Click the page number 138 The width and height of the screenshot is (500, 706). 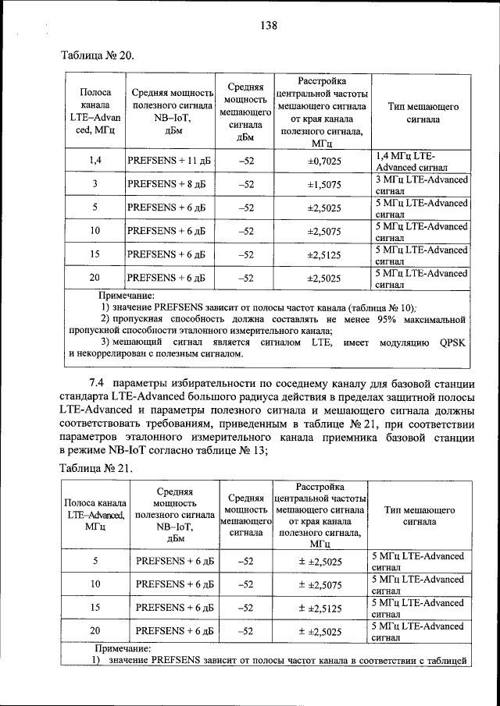(x=269, y=26)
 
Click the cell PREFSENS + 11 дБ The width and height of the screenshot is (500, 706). (x=166, y=161)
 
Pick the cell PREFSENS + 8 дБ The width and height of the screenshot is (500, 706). (x=166, y=185)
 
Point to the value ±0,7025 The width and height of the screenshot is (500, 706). (x=322, y=161)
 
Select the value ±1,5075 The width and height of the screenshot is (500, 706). (x=322, y=185)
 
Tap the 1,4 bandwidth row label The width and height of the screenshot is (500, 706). (x=95, y=161)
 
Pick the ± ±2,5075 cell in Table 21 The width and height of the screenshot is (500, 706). (x=322, y=584)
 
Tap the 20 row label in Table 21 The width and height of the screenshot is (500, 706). (x=95, y=631)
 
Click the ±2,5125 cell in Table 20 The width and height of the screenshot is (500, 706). (x=322, y=254)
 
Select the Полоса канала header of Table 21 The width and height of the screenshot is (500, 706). (x=95, y=514)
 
